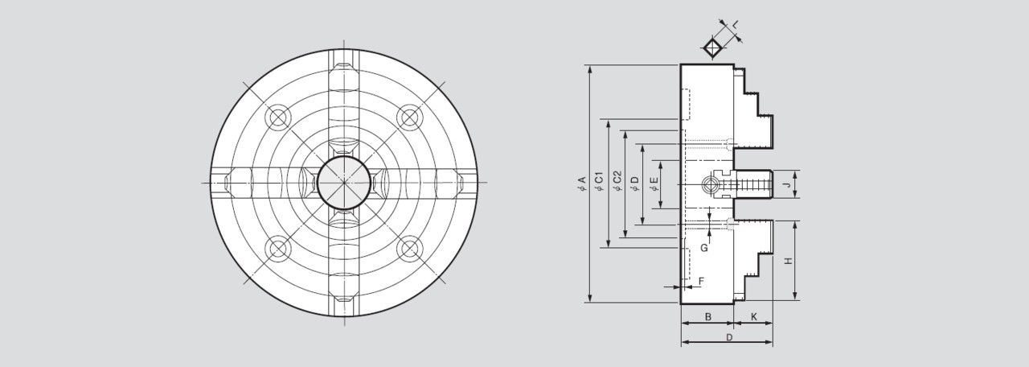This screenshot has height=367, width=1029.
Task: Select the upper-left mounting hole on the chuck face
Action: [278, 118]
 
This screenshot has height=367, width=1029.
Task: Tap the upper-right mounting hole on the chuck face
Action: [410, 118]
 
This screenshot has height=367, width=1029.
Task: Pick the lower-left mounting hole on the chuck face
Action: [278, 249]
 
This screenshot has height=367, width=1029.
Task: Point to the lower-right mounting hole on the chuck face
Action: [410, 249]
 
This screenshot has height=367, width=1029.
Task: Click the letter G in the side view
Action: [703, 248]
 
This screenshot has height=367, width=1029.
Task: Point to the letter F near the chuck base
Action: [701, 280]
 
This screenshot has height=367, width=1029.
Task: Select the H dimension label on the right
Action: [789, 261]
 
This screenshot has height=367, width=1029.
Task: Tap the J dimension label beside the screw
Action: [789, 186]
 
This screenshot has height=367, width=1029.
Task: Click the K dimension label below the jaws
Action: [753, 317]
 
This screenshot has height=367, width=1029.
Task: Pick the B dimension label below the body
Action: [707, 317]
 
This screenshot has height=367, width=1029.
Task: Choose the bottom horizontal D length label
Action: [728, 338]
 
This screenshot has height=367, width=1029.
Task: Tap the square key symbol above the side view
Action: [711, 47]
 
